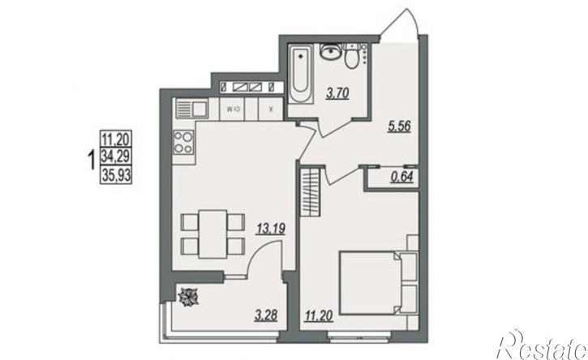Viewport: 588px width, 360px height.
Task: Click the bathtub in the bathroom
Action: point(301,75)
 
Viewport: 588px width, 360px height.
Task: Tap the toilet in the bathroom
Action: point(352,56)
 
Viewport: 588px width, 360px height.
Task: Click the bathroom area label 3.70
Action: point(337,93)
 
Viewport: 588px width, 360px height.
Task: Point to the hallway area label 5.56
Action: point(399,126)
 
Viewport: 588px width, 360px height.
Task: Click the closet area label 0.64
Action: point(401,177)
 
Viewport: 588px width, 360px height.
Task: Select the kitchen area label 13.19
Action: point(270,228)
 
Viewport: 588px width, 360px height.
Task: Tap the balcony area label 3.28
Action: point(266,315)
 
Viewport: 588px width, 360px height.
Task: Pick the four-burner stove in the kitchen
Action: point(184,142)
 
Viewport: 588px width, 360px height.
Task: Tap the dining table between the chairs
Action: point(212,234)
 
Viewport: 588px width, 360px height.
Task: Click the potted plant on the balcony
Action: point(188,297)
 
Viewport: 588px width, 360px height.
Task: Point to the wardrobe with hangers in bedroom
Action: point(311,192)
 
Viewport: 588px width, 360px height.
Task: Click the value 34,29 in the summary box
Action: point(116,156)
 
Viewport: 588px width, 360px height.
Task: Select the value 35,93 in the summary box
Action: point(116,175)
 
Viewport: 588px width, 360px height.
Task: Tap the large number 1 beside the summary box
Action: point(90,160)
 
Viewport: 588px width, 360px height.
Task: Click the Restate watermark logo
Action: point(542,345)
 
